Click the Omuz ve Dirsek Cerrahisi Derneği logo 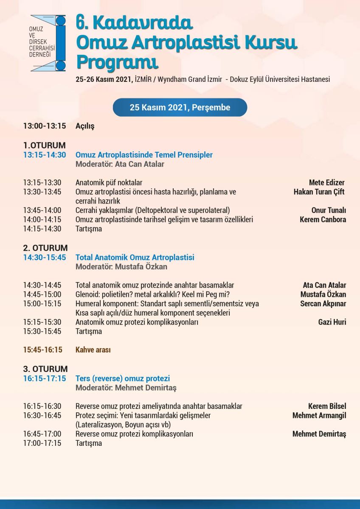(48, 43)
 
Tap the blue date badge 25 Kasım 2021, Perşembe (180, 108)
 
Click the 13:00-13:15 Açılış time (45, 126)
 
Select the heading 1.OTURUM (45, 145)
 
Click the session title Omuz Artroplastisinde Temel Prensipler (144, 155)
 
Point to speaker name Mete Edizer (327, 183)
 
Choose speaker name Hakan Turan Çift (319, 192)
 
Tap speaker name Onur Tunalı (328, 210)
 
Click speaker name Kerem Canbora (323, 220)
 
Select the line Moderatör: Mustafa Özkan (121, 267)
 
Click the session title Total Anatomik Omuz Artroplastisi (135, 257)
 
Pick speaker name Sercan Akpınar (323, 304)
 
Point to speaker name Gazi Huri (332, 322)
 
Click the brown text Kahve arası (93, 350)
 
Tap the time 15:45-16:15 (43, 350)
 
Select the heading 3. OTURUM (45, 369)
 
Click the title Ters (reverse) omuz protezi (123, 378)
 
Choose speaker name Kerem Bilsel (327, 406)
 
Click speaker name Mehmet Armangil (319, 416)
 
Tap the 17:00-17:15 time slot (42, 443)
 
